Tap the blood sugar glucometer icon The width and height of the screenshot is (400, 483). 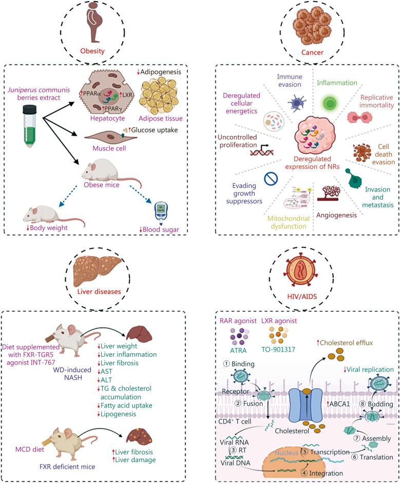pos(162,211)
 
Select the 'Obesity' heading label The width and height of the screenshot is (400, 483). pos(93,51)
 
